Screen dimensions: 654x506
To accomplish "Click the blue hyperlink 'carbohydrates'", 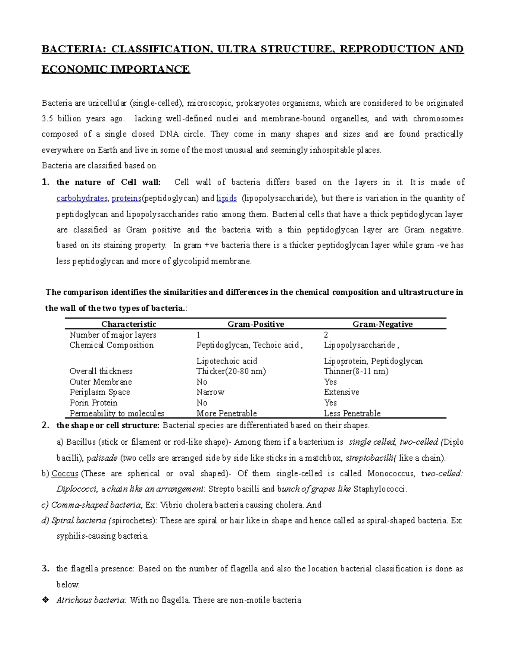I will pos(82,198).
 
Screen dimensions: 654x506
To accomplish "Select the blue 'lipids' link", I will pos(226,198).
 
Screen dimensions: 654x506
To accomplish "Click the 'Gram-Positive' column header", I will pos(256,324).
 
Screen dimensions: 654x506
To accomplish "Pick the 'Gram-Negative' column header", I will pos(382,324).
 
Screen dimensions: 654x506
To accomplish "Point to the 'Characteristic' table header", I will pos(129,324).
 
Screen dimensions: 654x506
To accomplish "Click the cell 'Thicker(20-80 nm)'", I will pos(231,371).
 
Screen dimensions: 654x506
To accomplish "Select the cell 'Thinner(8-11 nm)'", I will pos(356,371).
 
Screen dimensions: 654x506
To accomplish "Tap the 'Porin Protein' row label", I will pos(94,403).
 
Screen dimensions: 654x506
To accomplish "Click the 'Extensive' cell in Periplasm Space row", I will pos(342,392).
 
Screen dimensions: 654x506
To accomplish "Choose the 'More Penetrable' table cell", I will pos(226,414).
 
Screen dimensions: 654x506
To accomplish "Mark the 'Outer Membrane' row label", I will pos(101,382).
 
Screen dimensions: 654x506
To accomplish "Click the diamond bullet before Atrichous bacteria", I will pos(46,600).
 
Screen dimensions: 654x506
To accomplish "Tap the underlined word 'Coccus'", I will pos(65,474).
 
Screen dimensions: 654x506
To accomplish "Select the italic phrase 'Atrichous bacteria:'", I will pos(91,600).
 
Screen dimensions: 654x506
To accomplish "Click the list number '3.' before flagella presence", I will pos(46,569).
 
